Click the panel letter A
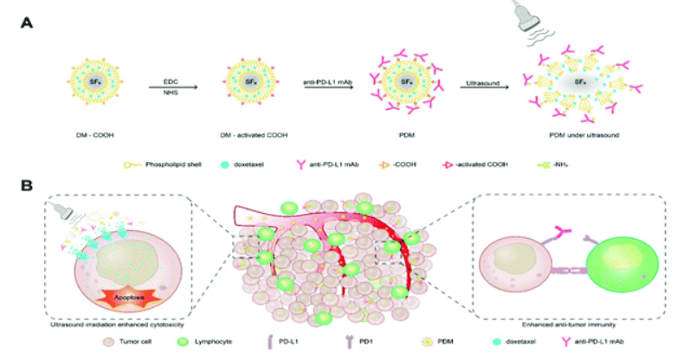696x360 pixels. click(30, 24)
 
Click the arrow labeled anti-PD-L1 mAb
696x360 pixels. click(327, 87)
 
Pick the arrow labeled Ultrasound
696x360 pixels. click(482, 87)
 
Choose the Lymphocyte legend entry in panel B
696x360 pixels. click(212, 344)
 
